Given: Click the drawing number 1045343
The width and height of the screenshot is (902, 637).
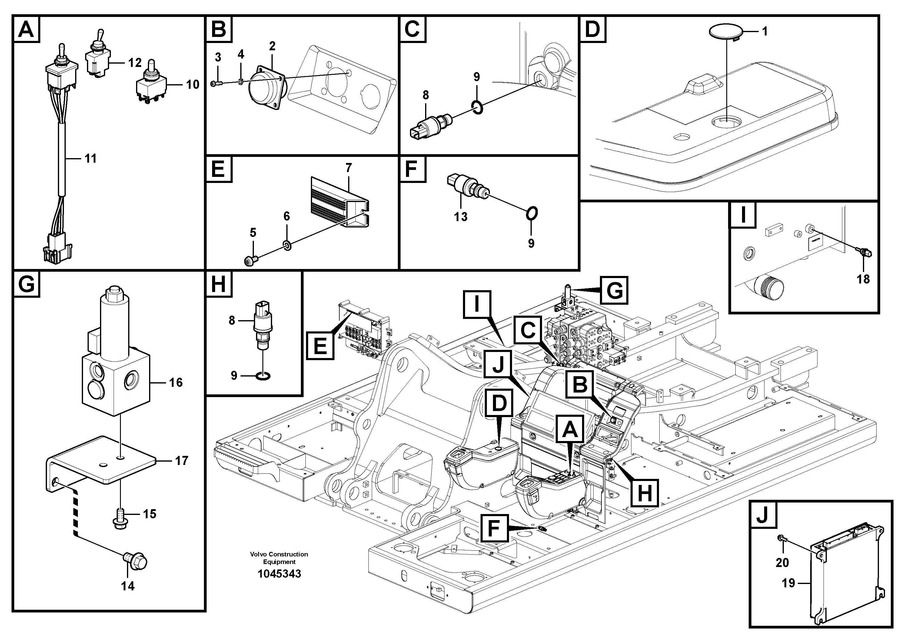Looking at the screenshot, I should tap(279, 574).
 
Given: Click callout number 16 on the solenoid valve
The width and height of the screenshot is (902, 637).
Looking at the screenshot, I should tap(176, 382).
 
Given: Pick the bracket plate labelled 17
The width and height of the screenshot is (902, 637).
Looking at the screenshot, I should tap(102, 460).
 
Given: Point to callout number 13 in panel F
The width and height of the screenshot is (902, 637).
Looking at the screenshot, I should tap(461, 216).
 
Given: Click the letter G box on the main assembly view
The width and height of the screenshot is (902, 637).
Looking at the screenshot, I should tap(614, 290).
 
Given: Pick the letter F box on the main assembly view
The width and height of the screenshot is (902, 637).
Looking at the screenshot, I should tap(494, 529).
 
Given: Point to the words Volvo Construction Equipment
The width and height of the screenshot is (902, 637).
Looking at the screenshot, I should tap(279, 558).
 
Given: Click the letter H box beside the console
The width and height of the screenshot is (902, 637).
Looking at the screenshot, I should tap(644, 493).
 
